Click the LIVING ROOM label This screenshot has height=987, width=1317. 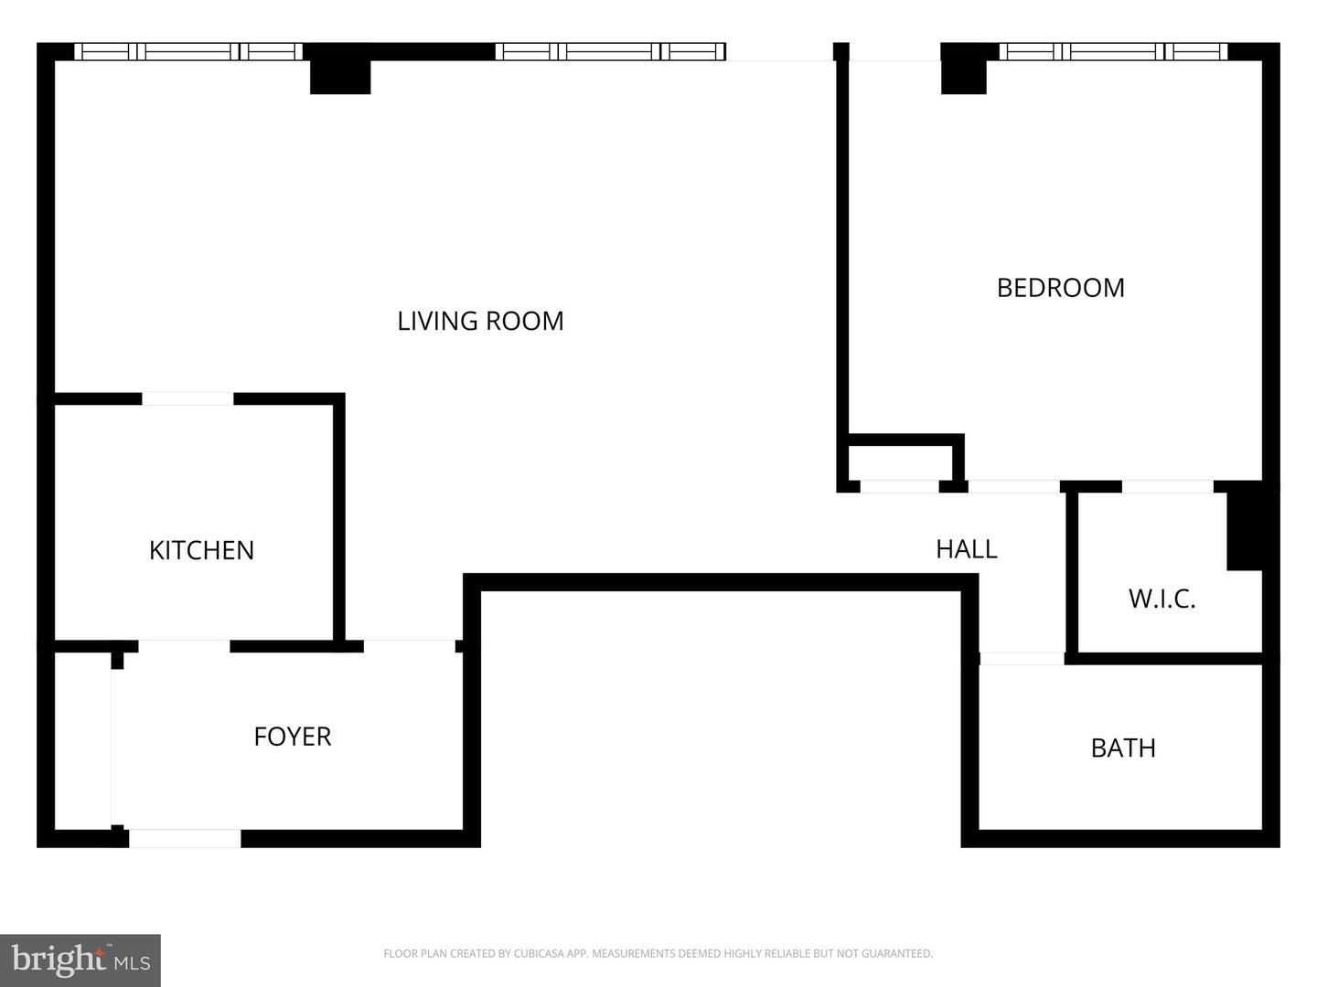pos(480,321)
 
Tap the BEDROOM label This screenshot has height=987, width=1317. pos(1060,288)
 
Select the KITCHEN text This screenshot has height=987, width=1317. pos(201,551)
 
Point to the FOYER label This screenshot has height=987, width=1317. pos(292,737)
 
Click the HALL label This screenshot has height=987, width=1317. pos(967,549)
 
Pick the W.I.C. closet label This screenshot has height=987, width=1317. pos(1162,599)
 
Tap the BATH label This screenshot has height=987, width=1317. pos(1123,748)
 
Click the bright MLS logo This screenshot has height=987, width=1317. pos(80,960)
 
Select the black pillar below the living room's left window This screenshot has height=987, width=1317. pos(340,77)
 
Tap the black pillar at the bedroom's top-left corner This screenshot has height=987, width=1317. pos(964,77)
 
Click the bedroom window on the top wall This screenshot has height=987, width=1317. pos(1113,51)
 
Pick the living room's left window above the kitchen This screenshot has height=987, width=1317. pos(188,51)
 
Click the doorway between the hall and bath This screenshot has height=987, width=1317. pos(1022,659)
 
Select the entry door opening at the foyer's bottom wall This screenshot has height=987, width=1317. pos(185,838)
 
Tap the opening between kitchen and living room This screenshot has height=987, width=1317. pos(187,399)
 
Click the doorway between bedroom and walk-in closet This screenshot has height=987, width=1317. pos(1168,486)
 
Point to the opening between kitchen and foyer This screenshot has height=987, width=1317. pos(184,646)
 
